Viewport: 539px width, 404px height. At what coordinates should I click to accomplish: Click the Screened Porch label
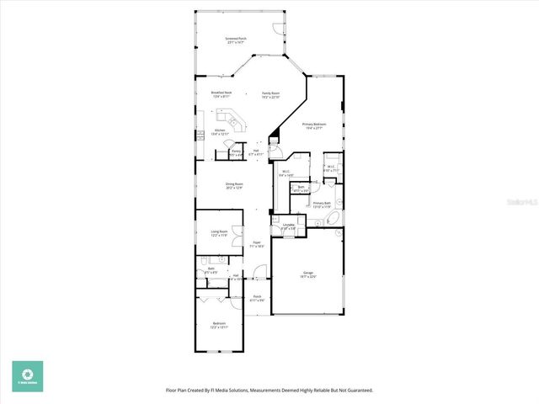click(x=236, y=40)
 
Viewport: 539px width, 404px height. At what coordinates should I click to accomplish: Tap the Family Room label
click(x=270, y=94)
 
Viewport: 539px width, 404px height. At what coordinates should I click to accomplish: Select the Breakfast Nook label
click(x=221, y=94)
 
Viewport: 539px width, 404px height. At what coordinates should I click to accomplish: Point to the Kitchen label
click(x=220, y=131)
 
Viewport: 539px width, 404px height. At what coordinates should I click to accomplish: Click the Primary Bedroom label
click(x=314, y=126)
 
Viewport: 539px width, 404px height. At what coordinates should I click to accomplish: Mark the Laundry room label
click(x=289, y=226)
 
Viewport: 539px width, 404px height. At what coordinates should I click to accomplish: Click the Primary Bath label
click(x=322, y=205)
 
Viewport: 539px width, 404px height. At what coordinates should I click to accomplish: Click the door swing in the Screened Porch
click(x=279, y=30)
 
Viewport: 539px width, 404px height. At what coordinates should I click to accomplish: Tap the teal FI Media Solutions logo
click(x=27, y=375)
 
